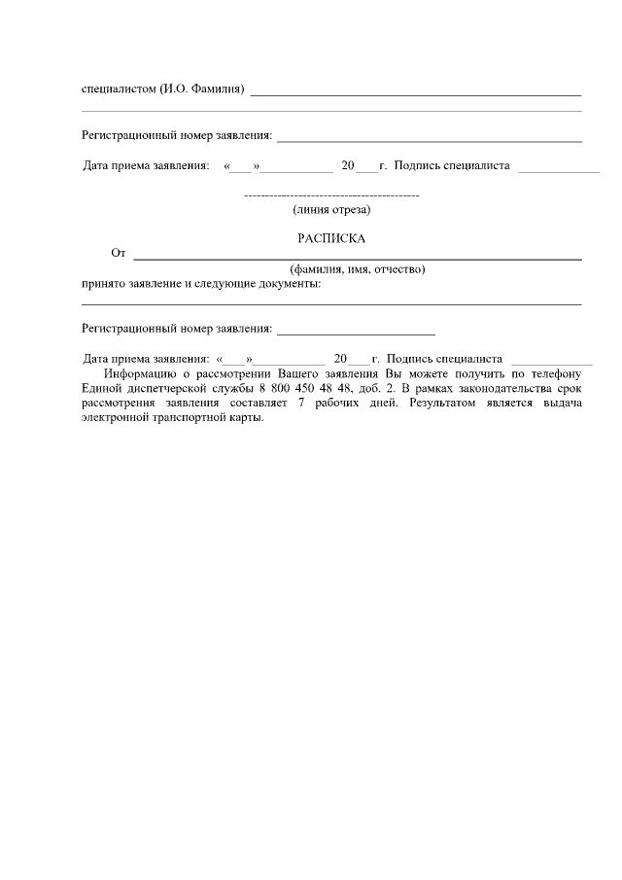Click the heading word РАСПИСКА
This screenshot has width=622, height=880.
point(330,238)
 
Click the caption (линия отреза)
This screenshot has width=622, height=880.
point(331,209)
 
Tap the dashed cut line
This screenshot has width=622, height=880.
point(330,197)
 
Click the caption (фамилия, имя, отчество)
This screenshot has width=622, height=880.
point(358,269)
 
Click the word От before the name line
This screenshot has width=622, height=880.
point(119,254)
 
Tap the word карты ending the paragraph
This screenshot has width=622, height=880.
point(247,417)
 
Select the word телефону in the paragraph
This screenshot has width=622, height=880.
point(556,373)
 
